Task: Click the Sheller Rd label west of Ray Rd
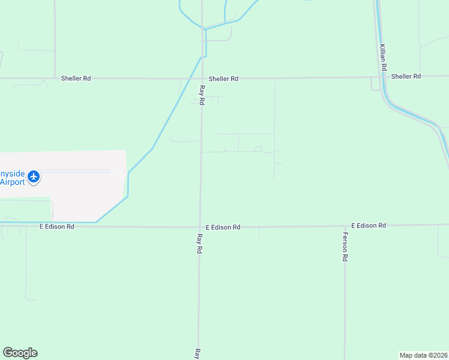(x=76, y=79)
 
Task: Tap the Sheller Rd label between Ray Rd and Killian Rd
(x=223, y=79)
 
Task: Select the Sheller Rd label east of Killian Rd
(x=406, y=76)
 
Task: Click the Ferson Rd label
(x=345, y=246)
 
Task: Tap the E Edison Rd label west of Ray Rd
(x=57, y=227)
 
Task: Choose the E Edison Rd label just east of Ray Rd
(x=223, y=227)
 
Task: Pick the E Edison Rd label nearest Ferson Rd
(x=368, y=225)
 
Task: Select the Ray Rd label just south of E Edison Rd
(x=199, y=243)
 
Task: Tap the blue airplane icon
(x=34, y=177)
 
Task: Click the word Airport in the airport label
(x=13, y=182)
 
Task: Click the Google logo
(x=20, y=353)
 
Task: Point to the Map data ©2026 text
(x=423, y=355)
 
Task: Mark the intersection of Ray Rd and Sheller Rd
(x=202, y=78)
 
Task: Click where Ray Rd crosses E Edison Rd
(x=200, y=227)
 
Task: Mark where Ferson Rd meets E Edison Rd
(x=345, y=226)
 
